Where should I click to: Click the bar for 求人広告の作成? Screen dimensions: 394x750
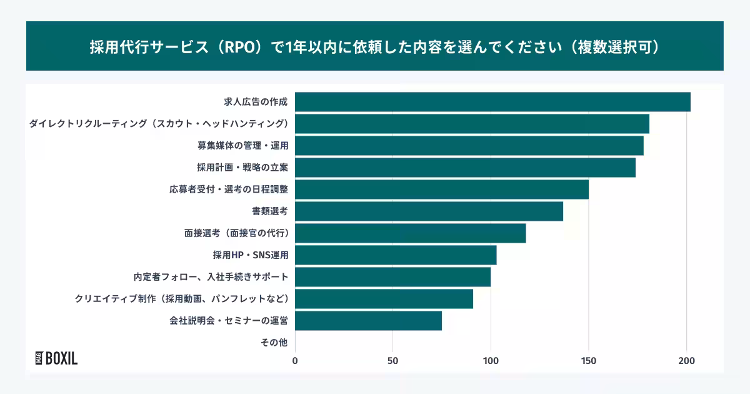click(x=492, y=102)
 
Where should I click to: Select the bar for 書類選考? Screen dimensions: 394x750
click(x=429, y=211)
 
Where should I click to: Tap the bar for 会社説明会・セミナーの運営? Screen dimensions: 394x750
click(x=368, y=321)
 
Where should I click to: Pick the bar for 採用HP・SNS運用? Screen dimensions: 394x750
click(x=396, y=255)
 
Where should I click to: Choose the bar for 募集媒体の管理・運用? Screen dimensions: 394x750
click(x=469, y=146)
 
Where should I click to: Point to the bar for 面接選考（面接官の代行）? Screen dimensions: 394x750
click(x=410, y=233)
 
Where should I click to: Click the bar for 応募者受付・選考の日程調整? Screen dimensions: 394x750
click(x=442, y=189)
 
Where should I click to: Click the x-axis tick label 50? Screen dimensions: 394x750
click(x=393, y=360)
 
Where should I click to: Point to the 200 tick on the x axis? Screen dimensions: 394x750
click(x=687, y=360)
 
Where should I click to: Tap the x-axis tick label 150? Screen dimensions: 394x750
click(x=589, y=360)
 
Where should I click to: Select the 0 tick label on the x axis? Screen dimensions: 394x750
click(x=295, y=360)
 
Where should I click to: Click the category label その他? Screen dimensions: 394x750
click(x=274, y=342)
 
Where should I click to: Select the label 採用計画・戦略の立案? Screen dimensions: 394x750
click(x=242, y=168)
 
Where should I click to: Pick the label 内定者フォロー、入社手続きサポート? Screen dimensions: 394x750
click(x=211, y=276)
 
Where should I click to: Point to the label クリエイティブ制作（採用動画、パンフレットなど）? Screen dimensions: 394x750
click(x=182, y=298)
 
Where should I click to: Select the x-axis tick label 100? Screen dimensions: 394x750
click(x=491, y=360)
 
